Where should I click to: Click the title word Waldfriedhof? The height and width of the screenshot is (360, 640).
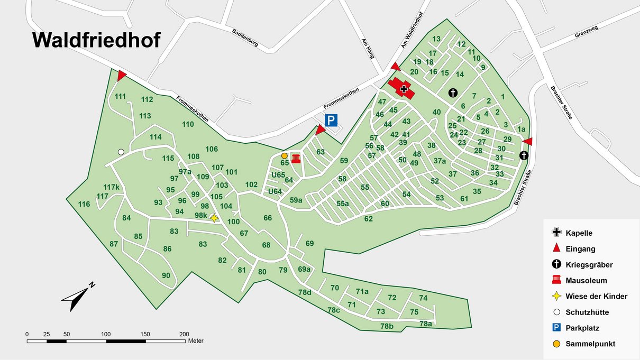click(96, 41)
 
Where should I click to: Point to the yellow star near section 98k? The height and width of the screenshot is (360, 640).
click(214, 218)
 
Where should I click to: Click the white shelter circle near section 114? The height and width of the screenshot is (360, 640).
click(121, 152)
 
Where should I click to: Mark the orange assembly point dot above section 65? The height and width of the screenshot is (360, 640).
click(285, 156)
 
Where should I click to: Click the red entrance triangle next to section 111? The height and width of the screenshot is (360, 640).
click(122, 75)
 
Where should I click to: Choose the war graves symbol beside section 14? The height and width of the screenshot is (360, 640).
click(453, 93)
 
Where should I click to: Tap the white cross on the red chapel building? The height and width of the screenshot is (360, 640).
click(405, 89)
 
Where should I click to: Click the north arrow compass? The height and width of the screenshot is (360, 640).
click(77, 298)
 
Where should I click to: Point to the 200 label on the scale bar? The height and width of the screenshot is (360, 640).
click(184, 334)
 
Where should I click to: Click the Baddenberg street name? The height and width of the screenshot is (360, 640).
click(245, 38)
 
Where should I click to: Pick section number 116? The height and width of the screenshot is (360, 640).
click(84, 204)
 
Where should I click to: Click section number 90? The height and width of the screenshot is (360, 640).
click(166, 275)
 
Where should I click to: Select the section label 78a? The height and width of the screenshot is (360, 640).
click(426, 324)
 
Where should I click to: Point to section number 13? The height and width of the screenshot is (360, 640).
click(436, 39)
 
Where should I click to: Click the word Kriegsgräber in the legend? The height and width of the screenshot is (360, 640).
click(589, 264)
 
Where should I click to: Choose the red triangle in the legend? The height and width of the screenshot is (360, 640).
click(556, 248)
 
